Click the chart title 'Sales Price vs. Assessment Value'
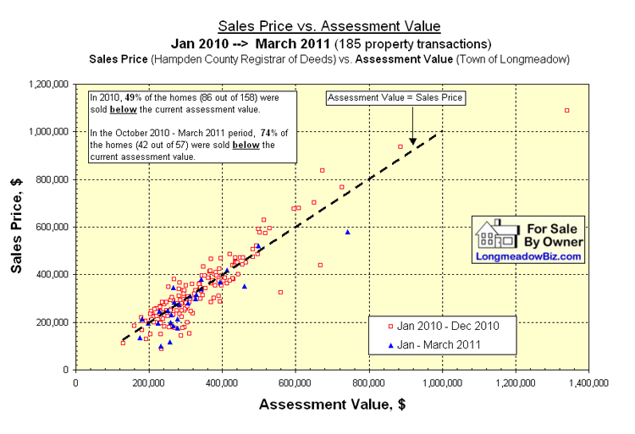click(329, 26)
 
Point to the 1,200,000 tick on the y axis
click(48, 85)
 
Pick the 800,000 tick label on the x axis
click(368, 383)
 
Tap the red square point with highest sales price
click(566, 110)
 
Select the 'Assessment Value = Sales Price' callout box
click(396, 98)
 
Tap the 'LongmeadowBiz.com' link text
click(529, 255)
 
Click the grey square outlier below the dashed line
click(280, 292)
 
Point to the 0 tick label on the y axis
click(68, 370)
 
